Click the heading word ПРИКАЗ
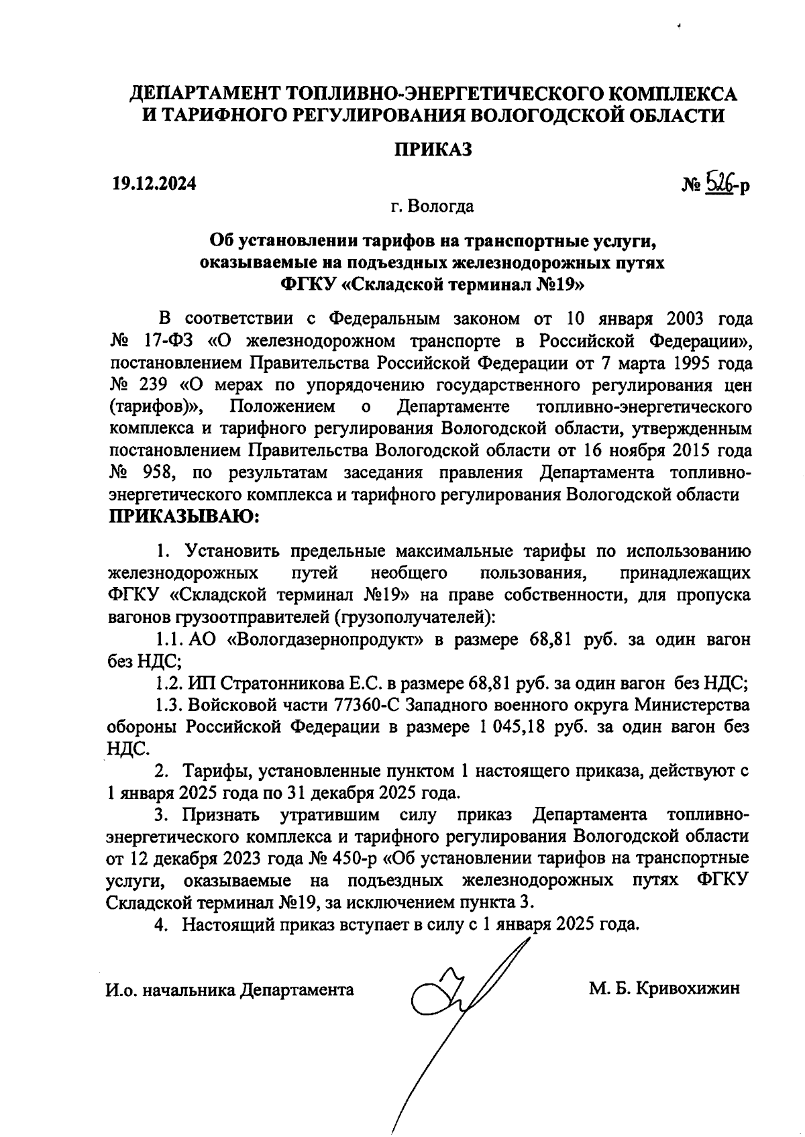(x=433, y=149)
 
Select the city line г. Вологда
(x=432, y=206)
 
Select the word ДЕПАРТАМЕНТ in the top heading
(x=205, y=93)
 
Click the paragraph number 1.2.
(x=169, y=684)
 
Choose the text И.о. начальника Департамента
(x=230, y=989)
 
